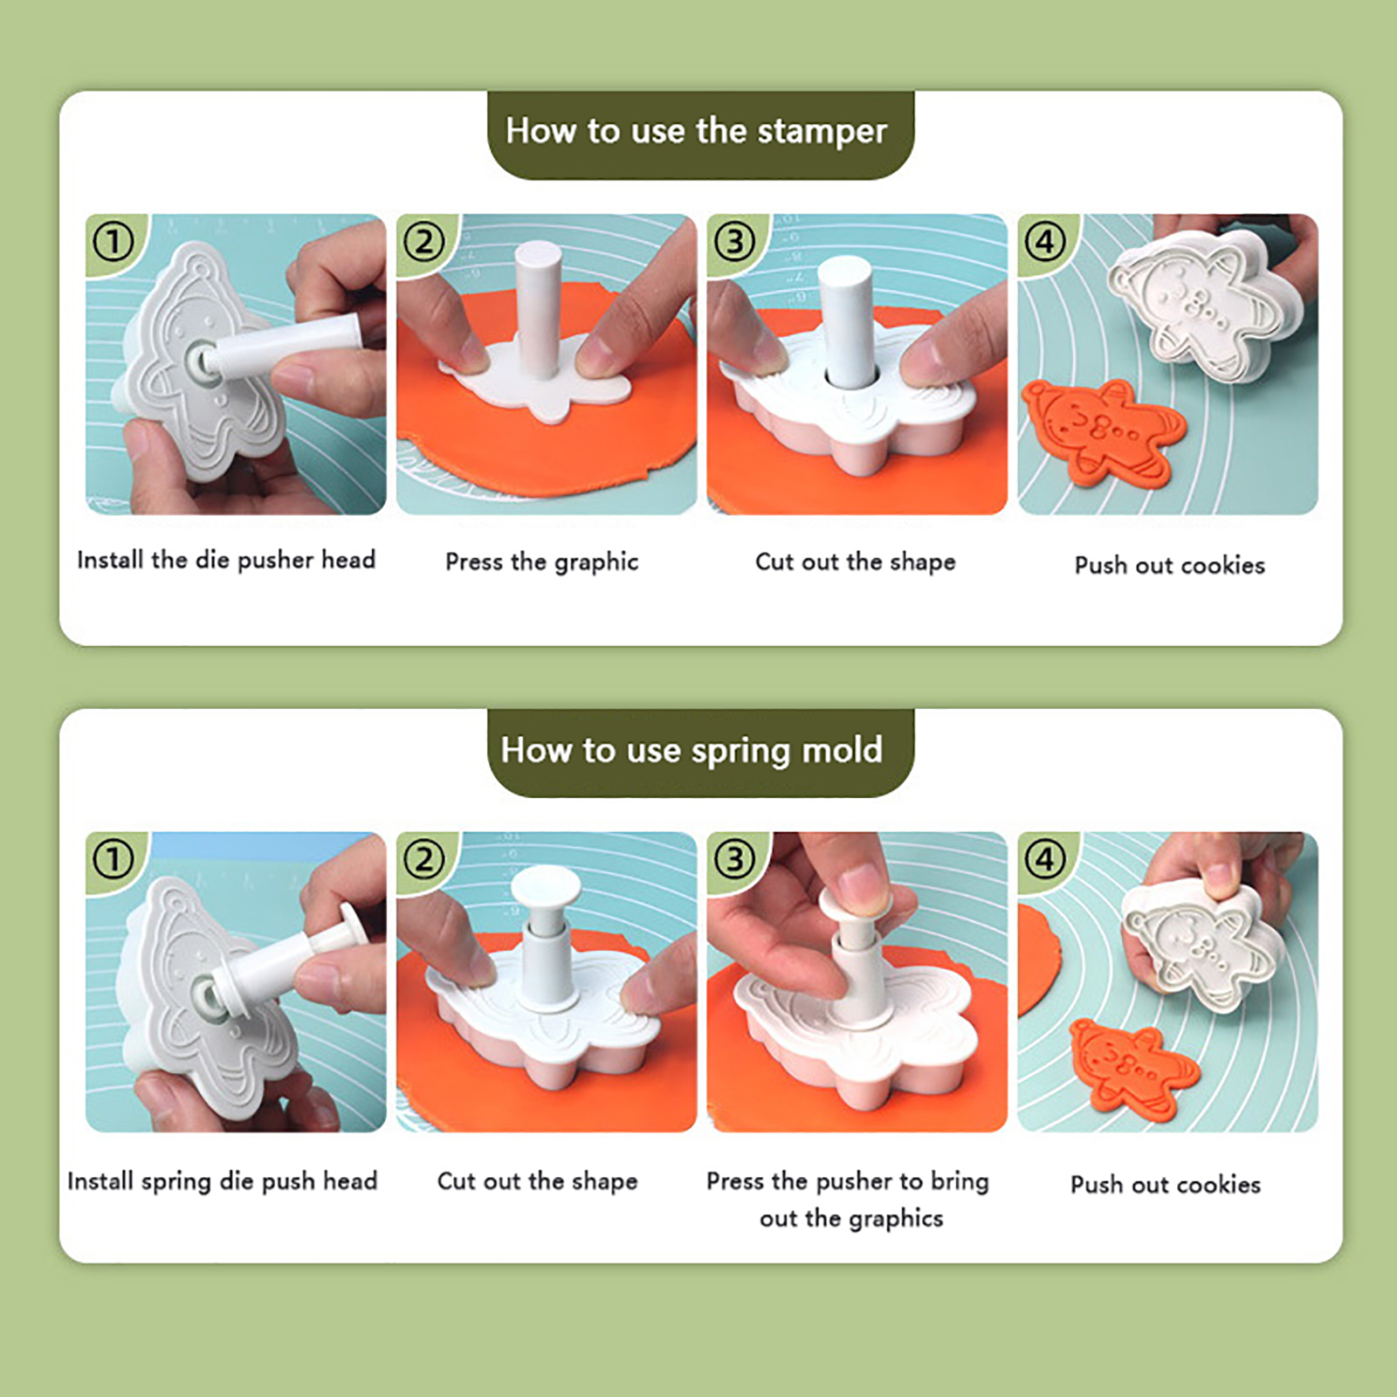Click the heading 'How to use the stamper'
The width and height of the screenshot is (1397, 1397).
[x=696, y=131]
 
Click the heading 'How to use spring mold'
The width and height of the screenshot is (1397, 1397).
[x=692, y=750]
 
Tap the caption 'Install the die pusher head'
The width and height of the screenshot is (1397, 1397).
[x=226, y=560]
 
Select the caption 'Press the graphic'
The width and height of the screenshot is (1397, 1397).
[x=541, y=561]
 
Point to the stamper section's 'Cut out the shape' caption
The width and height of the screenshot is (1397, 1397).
[x=855, y=561]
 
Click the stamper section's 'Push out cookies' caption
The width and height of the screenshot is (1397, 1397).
[x=1169, y=565]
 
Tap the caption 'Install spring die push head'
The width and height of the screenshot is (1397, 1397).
[x=223, y=1180]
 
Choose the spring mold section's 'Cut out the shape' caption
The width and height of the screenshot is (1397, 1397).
[x=537, y=1180]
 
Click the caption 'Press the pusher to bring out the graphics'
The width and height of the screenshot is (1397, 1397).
[x=849, y=1199]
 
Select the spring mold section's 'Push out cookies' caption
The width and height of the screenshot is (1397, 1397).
[x=1166, y=1184]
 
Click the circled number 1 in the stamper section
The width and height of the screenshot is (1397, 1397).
[x=114, y=242]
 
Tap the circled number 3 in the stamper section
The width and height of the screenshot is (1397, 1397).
[x=735, y=242]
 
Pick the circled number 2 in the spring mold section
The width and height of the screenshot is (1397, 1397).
[x=424, y=860]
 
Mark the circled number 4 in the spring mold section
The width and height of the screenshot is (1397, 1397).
[x=1046, y=860]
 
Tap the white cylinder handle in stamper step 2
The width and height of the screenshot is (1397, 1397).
[x=539, y=310]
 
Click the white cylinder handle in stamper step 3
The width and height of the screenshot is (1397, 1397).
[x=847, y=321]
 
